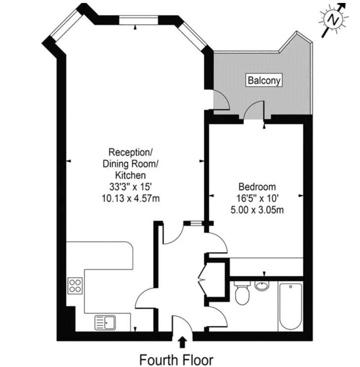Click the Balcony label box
click(264, 81)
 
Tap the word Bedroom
click(257, 187)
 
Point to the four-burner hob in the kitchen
click(75, 285)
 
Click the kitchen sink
click(105, 323)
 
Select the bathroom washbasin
click(262, 285)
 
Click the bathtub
click(290, 306)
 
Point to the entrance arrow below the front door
click(182, 342)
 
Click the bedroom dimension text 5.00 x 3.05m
click(257, 210)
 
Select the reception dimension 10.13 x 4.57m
click(130, 198)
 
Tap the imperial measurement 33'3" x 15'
click(130, 187)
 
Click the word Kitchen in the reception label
click(130, 175)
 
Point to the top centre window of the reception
click(139, 20)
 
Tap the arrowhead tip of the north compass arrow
click(346, 3)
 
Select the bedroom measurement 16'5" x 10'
click(257, 198)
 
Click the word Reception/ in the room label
click(130, 152)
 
